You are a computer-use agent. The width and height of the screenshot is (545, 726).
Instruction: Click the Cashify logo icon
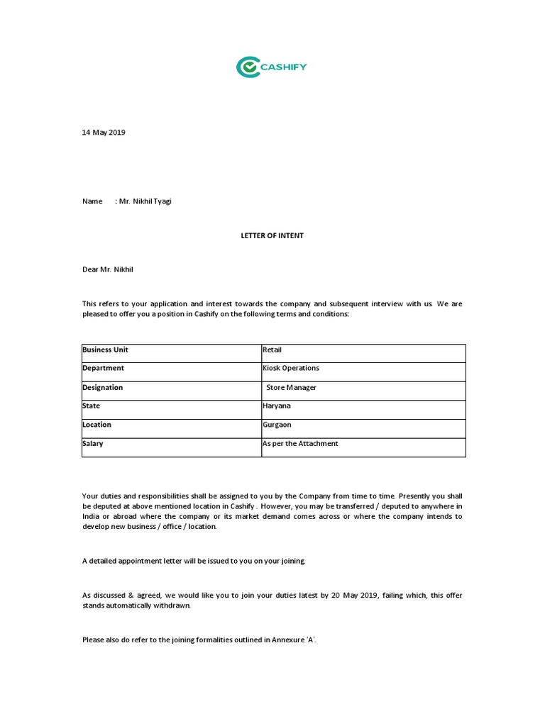pos(248,67)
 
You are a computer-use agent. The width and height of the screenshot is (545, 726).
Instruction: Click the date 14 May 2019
pos(104,133)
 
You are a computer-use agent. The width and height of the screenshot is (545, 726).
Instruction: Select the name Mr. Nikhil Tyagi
pos(145,201)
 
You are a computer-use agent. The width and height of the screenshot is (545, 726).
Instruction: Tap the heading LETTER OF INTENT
pos(272,235)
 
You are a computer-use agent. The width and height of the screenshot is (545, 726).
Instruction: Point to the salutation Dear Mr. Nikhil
pos(106,269)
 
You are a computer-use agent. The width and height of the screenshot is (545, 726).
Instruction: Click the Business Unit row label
pos(105,350)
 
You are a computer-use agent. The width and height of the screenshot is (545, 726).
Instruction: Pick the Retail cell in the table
pos(272,350)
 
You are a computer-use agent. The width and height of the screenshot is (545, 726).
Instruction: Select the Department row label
pos(103,369)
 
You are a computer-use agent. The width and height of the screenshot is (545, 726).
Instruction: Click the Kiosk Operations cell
pos(291,369)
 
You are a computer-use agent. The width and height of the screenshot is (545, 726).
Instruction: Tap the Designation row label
pos(103,388)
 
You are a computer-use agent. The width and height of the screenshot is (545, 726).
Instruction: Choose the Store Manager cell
pos(291,388)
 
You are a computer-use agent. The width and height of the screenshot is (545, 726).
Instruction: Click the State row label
pos(92,406)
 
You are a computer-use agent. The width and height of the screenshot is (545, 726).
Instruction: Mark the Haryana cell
pos(277,406)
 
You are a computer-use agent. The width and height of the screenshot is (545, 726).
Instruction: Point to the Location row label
pos(97,425)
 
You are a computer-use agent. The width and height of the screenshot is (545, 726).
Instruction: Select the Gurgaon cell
pos(277,425)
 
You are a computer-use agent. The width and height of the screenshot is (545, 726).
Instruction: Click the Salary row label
pos(93,444)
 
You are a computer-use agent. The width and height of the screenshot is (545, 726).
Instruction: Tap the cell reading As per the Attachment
pos(300,444)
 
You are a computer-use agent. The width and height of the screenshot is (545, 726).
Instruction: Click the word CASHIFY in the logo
pos(284,67)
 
